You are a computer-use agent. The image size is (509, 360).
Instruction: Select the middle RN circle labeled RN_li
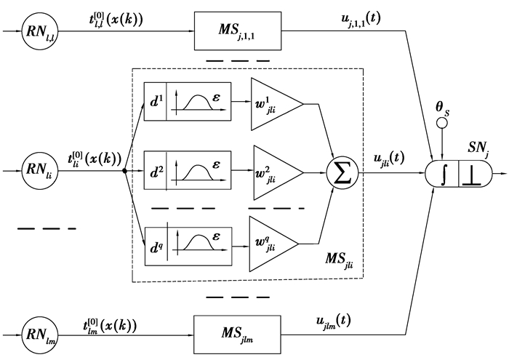36,172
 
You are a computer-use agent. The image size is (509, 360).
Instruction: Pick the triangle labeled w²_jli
273,172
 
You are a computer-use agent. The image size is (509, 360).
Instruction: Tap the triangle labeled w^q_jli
273,241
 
